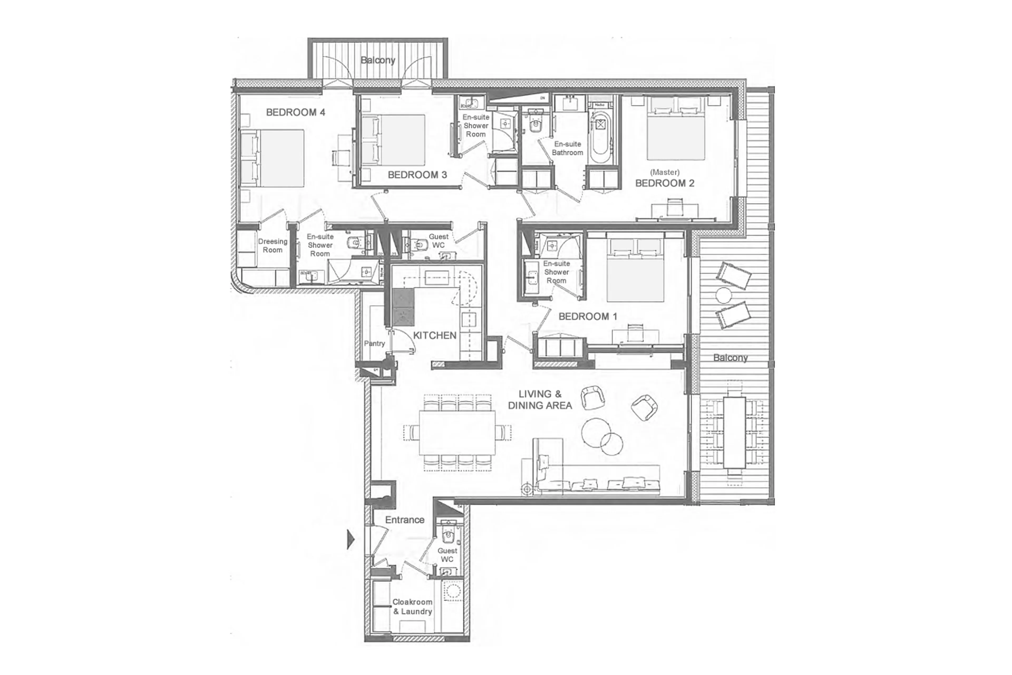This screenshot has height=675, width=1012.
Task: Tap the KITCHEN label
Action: pos(434,335)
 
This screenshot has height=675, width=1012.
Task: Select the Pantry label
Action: pos(374,343)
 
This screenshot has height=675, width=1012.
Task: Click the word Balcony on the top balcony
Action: pos(378,60)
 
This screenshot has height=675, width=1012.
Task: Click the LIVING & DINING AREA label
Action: pos(540,400)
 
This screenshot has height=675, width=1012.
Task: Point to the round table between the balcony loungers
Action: pos(724,295)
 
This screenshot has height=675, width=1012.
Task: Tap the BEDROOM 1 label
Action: pos(587,317)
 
